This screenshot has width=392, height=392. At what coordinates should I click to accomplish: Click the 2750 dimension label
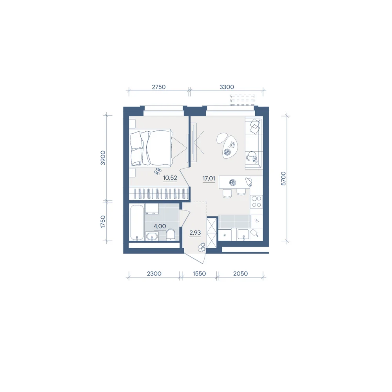point(159,87)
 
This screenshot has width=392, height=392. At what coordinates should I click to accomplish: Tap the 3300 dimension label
point(227,87)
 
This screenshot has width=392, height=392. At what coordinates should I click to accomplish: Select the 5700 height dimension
point(283,178)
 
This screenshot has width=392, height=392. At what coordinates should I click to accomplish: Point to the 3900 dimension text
point(103,158)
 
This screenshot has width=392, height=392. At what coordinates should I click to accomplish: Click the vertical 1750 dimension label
point(103,221)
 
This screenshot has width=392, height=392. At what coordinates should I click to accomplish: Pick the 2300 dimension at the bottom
point(154,274)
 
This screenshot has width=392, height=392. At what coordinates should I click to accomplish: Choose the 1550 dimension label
point(199,274)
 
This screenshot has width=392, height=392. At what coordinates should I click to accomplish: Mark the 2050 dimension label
point(241,274)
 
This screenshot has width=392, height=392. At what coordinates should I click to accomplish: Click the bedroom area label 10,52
point(170,178)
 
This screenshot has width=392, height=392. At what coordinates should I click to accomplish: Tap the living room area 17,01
point(209,178)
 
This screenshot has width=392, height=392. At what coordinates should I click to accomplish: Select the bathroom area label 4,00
point(160,226)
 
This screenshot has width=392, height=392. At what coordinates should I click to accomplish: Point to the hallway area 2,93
point(195,233)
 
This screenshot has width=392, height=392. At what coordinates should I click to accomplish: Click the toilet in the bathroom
point(171,235)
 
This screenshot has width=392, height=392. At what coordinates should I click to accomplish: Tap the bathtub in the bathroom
point(137,223)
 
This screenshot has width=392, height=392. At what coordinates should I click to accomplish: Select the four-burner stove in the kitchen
point(256,201)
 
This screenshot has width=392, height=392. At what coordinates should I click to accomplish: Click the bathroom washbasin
point(152,236)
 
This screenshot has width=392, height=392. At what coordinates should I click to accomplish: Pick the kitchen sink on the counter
point(243,235)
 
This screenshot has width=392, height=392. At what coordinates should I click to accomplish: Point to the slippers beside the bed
point(157,171)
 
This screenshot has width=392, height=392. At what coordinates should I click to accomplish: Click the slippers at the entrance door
point(202,247)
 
